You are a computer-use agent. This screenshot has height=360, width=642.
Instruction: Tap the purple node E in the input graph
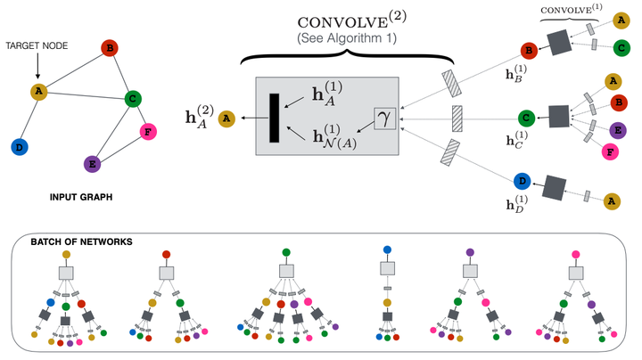coord(90,164)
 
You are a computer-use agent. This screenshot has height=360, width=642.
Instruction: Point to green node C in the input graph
coord(132,99)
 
